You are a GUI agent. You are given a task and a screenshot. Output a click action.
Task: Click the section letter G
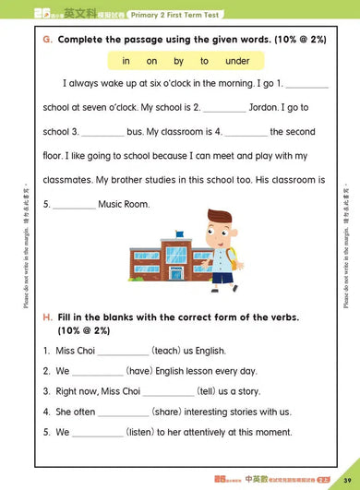tap(46, 41)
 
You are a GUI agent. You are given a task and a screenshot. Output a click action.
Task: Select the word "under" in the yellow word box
tap(237, 61)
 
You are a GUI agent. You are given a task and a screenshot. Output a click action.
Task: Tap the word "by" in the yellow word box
tap(178, 61)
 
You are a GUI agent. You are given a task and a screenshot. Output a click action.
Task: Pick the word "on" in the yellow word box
tap(151, 61)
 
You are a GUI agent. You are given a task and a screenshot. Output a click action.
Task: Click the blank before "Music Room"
tap(75, 205)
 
